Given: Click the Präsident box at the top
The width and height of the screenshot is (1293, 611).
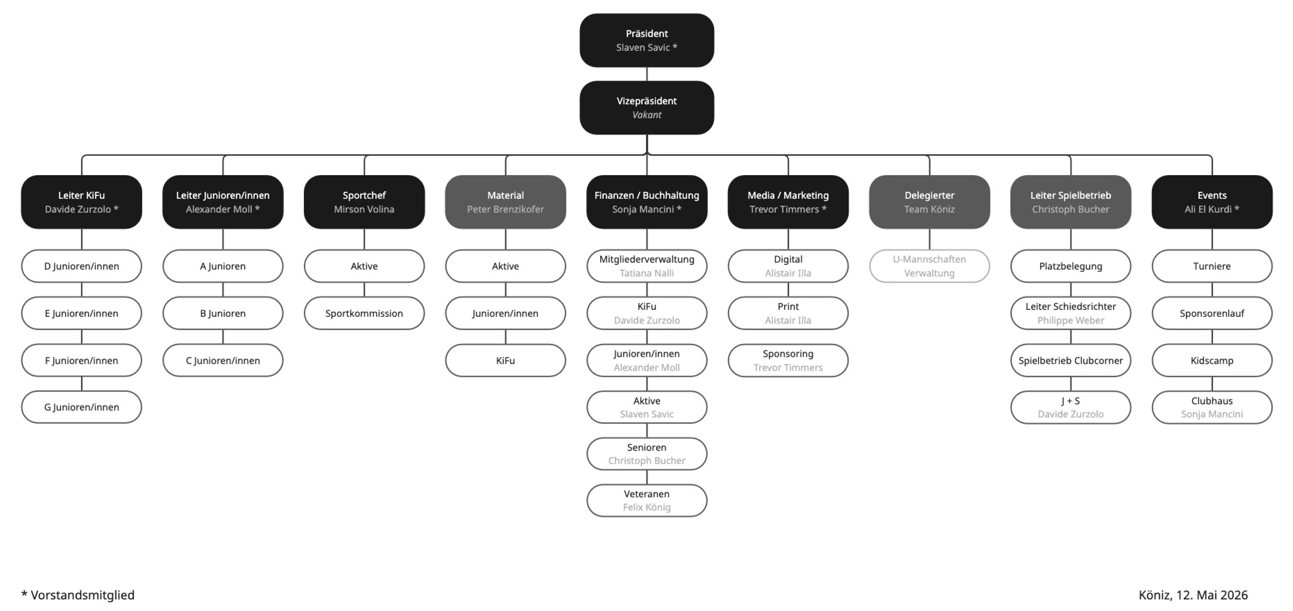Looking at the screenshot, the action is pyautogui.click(x=646, y=40).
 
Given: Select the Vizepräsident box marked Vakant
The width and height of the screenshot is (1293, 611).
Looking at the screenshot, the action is pyautogui.click(x=646, y=108).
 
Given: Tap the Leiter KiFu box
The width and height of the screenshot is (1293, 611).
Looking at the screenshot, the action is pyautogui.click(x=81, y=202).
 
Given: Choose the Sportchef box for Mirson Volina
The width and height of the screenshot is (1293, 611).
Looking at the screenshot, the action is pyautogui.click(x=364, y=202).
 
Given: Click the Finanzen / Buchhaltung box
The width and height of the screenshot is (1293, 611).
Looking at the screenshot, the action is pyautogui.click(x=646, y=202).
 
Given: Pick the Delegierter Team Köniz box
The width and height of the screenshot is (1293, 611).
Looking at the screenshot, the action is pyautogui.click(x=929, y=202).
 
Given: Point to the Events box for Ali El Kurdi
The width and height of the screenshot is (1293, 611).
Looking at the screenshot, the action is pyautogui.click(x=1212, y=202).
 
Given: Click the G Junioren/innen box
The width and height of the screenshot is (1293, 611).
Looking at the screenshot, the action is pyautogui.click(x=81, y=407).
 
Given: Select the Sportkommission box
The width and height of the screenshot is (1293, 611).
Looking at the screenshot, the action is pyautogui.click(x=364, y=313).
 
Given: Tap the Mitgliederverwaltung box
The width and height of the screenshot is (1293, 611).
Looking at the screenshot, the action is pyautogui.click(x=646, y=266).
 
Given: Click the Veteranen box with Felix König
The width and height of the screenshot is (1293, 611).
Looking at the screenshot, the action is pyautogui.click(x=646, y=501).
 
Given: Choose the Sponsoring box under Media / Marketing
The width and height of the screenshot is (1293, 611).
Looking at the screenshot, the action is pyautogui.click(x=788, y=360).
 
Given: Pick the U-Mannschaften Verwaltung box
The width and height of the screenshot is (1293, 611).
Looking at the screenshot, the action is pyautogui.click(x=929, y=266).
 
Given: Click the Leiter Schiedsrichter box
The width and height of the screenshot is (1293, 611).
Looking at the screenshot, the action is pyautogui.click(x=1070, y=313).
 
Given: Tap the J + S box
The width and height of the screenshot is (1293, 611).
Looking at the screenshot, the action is pyautogui.click(x=1070, y=407).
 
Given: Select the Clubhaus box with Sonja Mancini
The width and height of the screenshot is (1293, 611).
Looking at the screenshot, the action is pyautogui.click(x=1212, y=407).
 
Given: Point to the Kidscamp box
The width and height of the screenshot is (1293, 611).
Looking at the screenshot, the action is pyautogui.click(x=1212, y=360).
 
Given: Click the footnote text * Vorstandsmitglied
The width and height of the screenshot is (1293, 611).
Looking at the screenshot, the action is pyautogui.click(x=78, y=595).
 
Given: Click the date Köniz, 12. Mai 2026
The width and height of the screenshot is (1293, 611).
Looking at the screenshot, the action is pyautogui.click(x=1193, y=595).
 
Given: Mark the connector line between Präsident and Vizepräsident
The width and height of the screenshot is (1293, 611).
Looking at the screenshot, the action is pyautogui.click(x=646, y=74).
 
